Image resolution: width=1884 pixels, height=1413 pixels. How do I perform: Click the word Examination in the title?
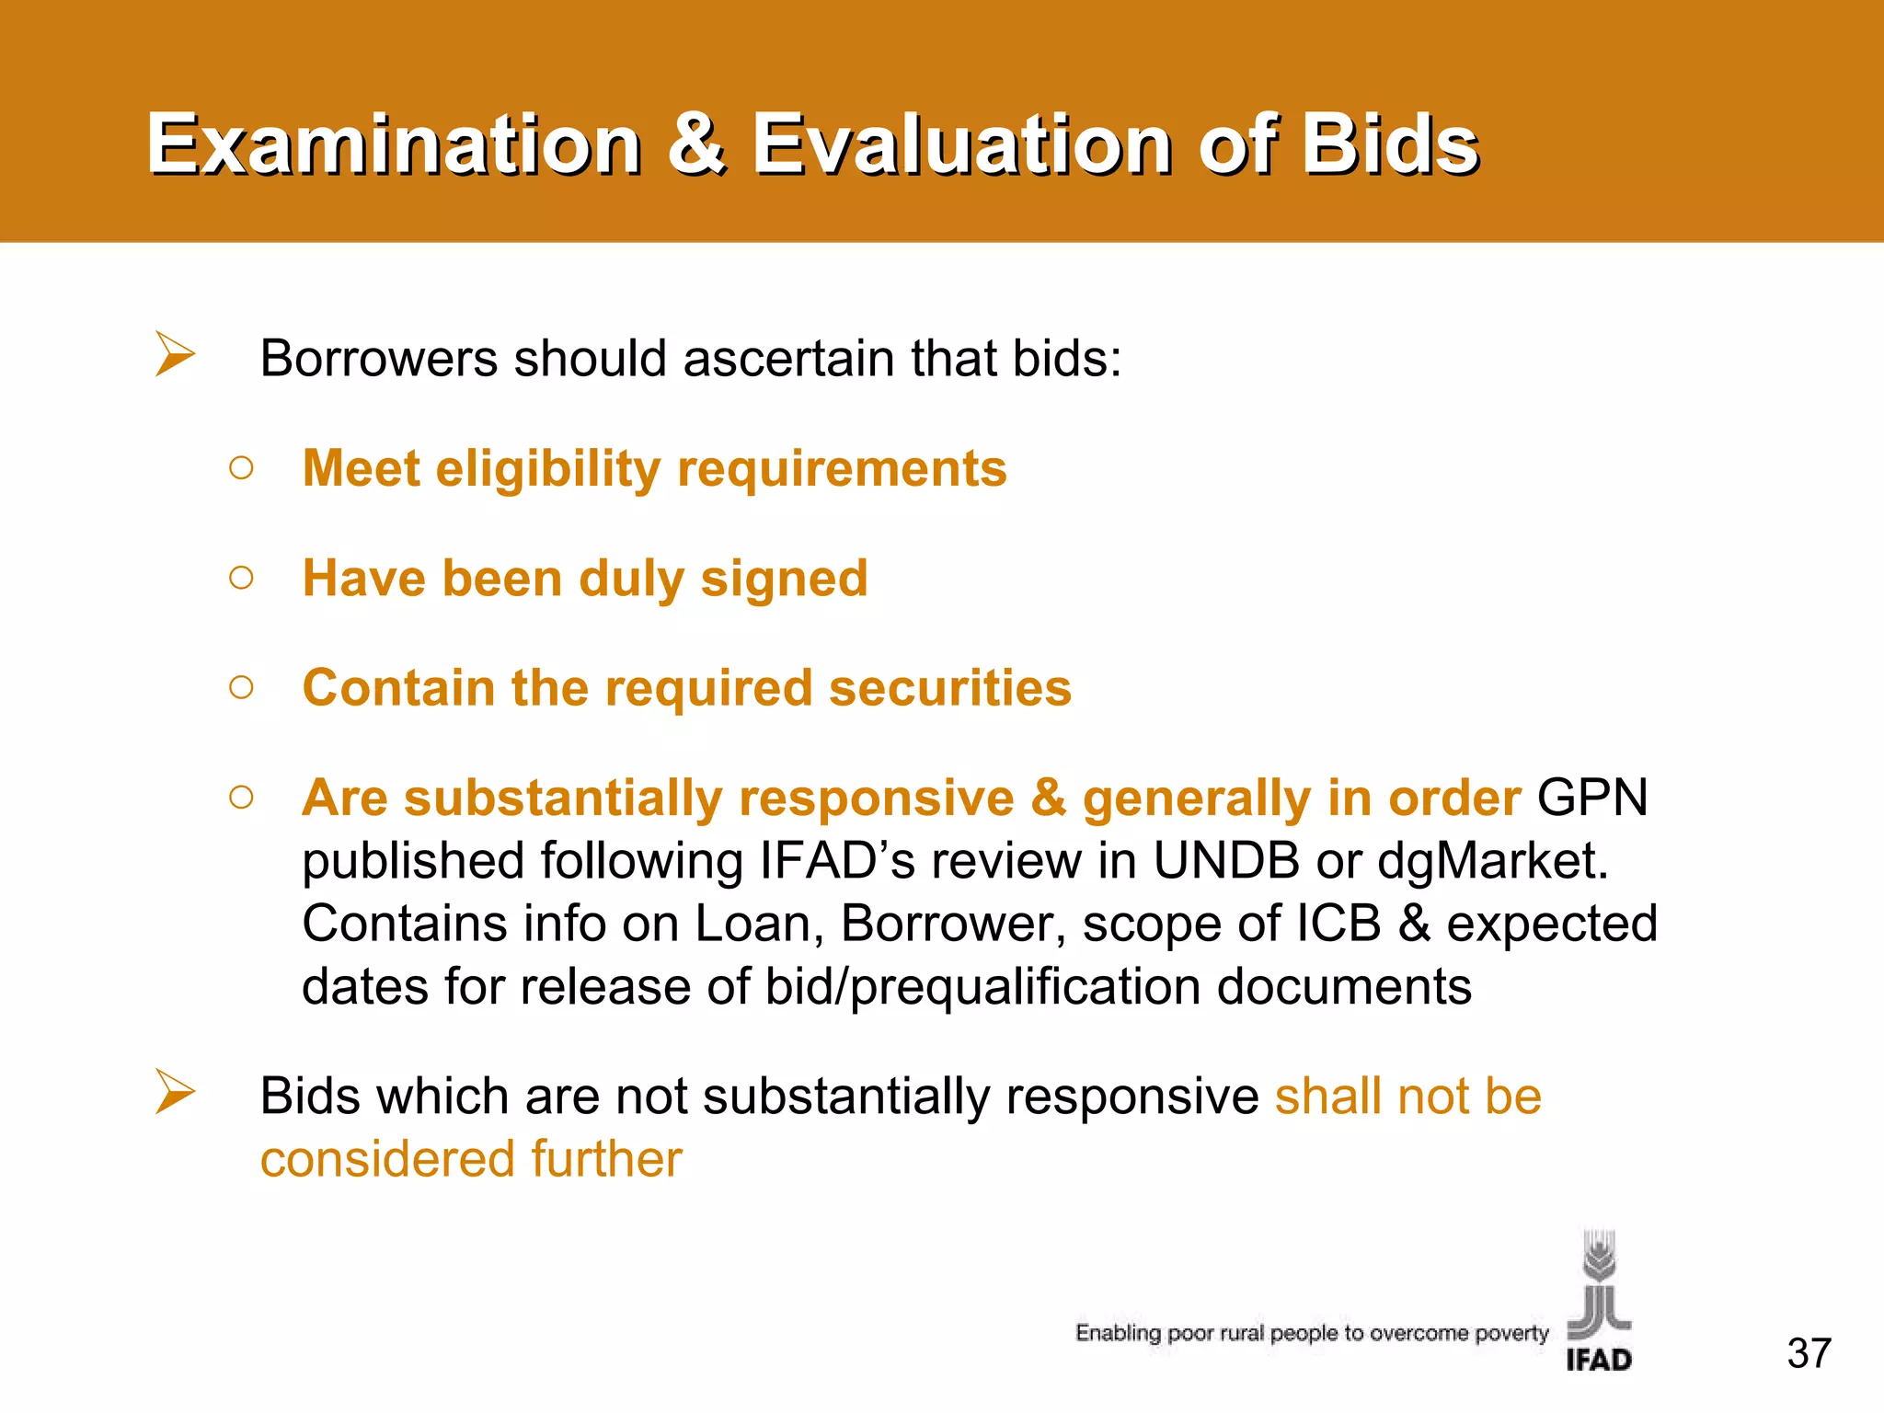[x=394, y=144]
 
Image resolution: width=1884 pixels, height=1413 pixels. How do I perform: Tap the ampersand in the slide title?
[x=696, y=144]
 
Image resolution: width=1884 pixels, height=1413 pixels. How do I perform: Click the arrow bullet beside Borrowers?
[x=175, y=354]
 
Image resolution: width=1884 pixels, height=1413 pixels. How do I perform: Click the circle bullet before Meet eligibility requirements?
[x=241, y=468]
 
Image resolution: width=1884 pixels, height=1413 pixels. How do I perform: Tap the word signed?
[x=784, y=580]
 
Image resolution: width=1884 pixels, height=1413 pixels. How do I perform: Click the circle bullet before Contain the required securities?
[x=241, y=687]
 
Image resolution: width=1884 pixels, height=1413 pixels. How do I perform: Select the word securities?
[x=950, y=688]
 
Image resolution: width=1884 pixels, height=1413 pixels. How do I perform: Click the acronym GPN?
[x=1591, y=797]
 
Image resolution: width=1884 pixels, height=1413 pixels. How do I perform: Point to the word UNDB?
[x=1226, y=861]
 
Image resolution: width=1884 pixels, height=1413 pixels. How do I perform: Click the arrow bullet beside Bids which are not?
[x=175, y=1092]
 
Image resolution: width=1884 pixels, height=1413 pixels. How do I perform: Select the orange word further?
[x=606, y=1159]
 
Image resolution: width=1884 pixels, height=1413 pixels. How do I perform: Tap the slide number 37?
[x=1809, y=1353]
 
